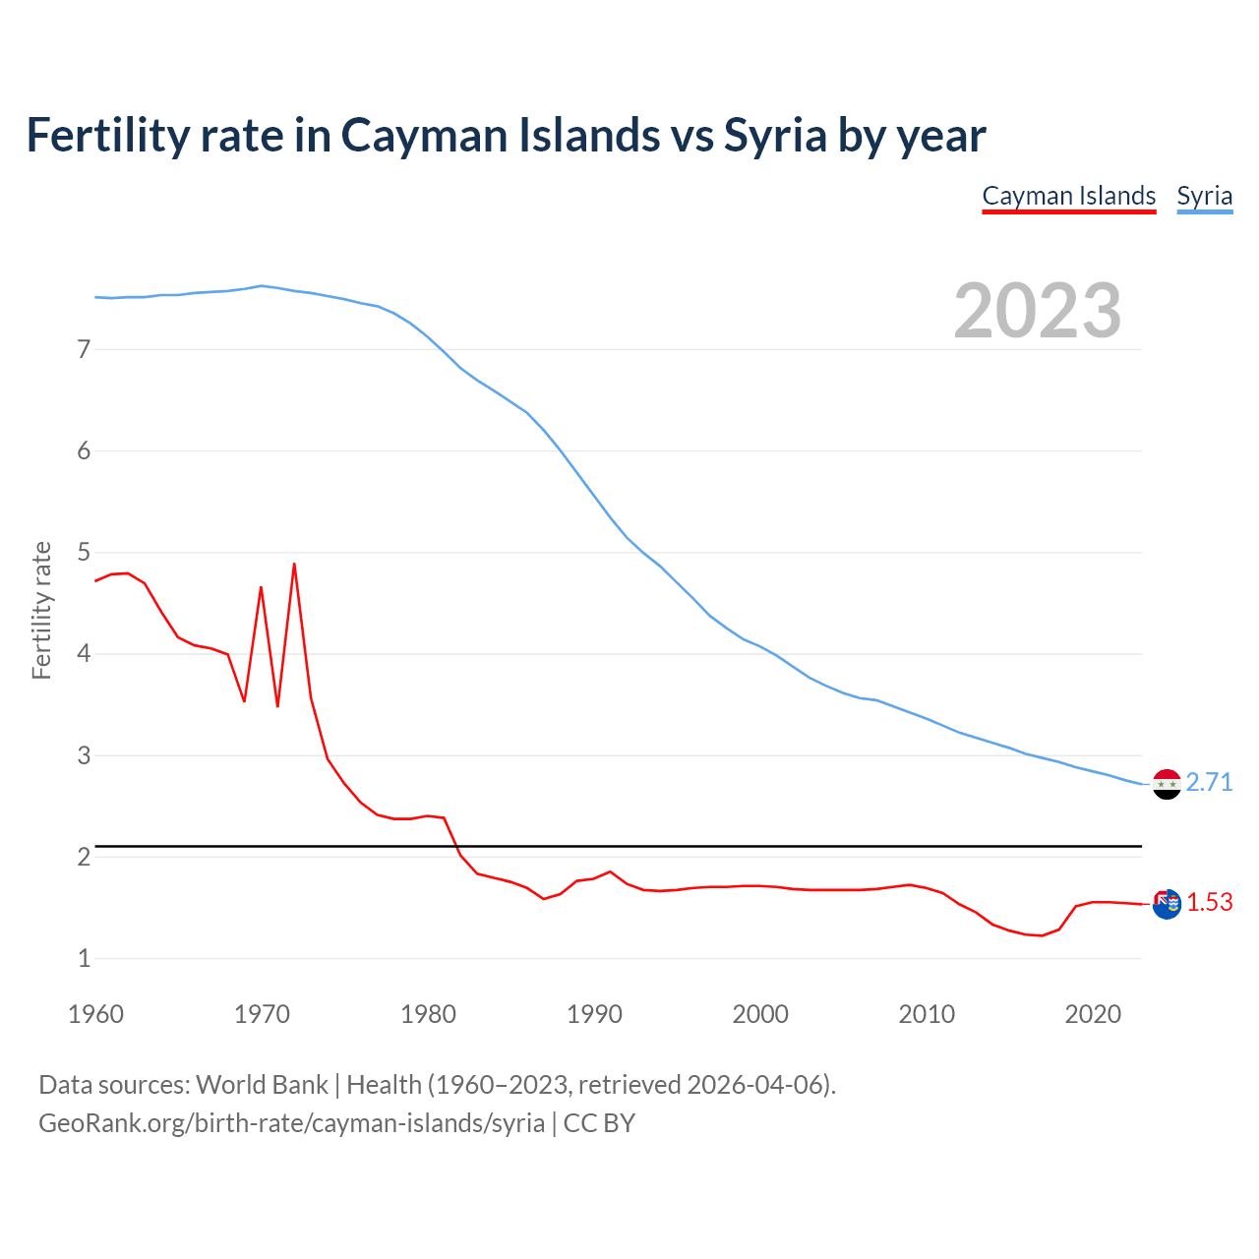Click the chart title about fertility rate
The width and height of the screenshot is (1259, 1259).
(x=506, y=136)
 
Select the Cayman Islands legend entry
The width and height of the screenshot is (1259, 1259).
(x=1068, y=196)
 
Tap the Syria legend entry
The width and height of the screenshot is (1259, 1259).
(x=1204, y=196)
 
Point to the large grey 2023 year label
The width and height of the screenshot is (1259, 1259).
(x=1038, y=311)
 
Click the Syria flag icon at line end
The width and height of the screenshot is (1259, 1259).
(x=1167, y=784)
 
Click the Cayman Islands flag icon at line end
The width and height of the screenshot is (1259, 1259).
(x=1167, y=903)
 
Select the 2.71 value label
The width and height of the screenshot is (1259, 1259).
(x=1209, y=782)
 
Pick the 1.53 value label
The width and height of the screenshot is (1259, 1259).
(x=1209, y=902)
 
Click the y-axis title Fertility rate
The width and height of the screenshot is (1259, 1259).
(x=41, y=610)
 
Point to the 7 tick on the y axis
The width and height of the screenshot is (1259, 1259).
(x=84, y=349)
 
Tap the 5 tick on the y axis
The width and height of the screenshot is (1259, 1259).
(x=84, y=553)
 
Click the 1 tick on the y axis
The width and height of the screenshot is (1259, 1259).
(x=84, y=958)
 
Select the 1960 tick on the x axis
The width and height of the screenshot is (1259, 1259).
(x=95, y=1014)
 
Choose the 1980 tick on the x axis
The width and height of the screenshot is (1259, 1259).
(x=428, y=1014)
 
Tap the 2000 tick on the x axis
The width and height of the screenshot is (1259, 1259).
(x=760, y=1014)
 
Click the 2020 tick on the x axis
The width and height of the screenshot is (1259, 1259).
(x=1093, y=1014)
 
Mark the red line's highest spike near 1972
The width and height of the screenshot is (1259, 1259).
(x=294, y=565)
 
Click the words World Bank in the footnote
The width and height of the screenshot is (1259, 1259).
(x=262, y=1085)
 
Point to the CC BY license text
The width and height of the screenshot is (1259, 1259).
(x=599, y=1123)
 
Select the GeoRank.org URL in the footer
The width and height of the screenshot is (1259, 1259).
(x=291, y=1123)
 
